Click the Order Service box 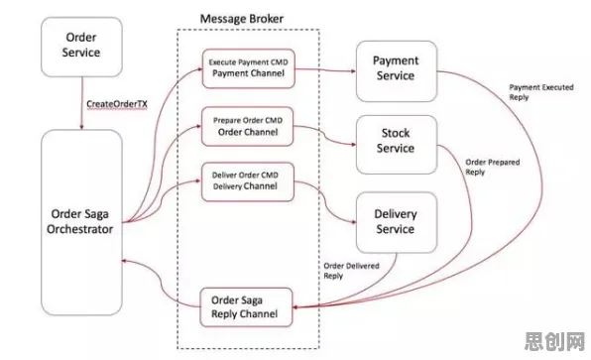pyautogui.click(x=81, y=48)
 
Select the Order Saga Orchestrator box pyautogui.click(x=81, y=222)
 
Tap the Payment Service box pyautogui.click(x=397, y=71)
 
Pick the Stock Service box pyautogui.click(x=397, y=145)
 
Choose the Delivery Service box pyautogui.click(x=397, y=222)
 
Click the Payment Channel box pyautogui.click(x=248, y=68)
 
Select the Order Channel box pyautogui.click(x=248, y=127)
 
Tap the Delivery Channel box pyautogui.click(x=248, y=181)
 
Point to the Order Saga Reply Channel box pyautogui.click(x=246, y=307)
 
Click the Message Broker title pyautogui.click(x=242, y=19)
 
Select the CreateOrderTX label pyautogui.click(x=117, y=104)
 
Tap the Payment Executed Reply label pyautogui.click(x=541, y=92)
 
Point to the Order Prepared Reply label pyautogui.click(x=492, y=167)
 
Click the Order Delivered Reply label pyautogui.click(x=351, y=271)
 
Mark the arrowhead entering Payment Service pyautogui.click(x=353, y=70)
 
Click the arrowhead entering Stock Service pyautogui.click(x=353, y=145)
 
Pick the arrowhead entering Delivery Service pyautogui.click(x=353, y=222)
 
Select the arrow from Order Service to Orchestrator pyautogui.click(x=81, y=103)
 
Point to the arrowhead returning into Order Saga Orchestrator pyautogui.click(x=125, y=261)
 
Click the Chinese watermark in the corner pyautogui.click(x=554, y=341)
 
